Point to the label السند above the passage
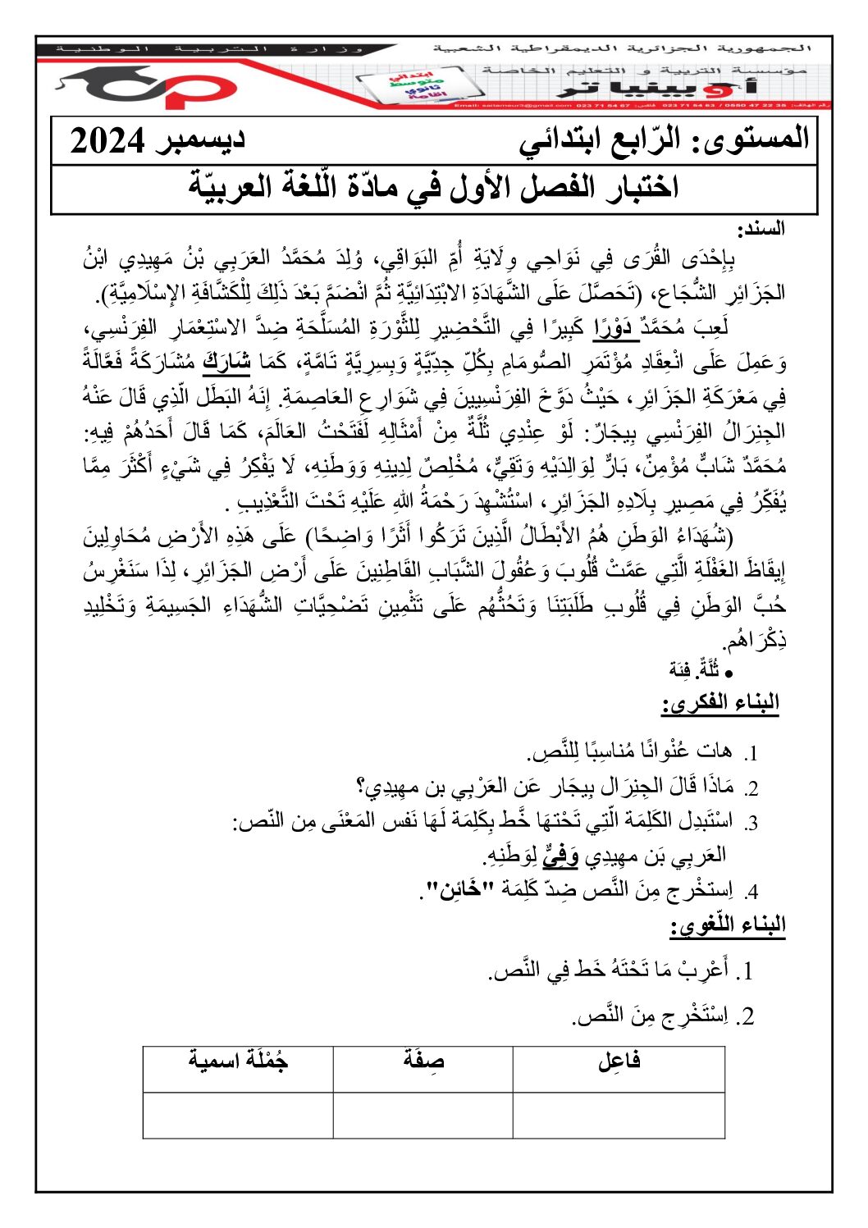tap(762, 229)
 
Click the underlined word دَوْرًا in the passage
tap(616, 327)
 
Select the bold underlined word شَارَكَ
tap(226, 361)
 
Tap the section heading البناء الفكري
tap(720, 703)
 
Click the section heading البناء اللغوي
tap(729, 926)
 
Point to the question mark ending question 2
tap(362, 788)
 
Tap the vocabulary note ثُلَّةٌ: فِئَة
tap(694, 670)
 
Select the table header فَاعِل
tap(619, 1061)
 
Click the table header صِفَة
tap(423, 1061)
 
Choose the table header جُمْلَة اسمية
tap(238, 1061)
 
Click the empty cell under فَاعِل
tap(619, 1115)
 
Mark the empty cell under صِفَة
tap(423, 1115)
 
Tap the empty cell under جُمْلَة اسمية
tap(238, 1115)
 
